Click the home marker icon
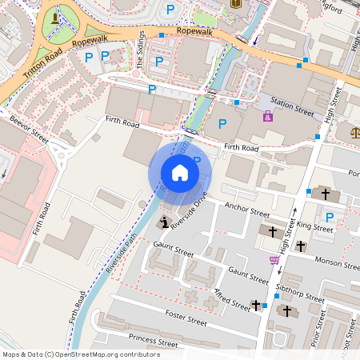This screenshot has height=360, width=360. [180, 173]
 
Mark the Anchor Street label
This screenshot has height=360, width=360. [247, 210]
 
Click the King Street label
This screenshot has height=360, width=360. [314, 227]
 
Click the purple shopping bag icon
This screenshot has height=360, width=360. [267, 116]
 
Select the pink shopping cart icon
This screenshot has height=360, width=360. [274, 260]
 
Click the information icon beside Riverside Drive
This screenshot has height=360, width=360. [165, 222]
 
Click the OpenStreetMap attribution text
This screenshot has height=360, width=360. [81, 354]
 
